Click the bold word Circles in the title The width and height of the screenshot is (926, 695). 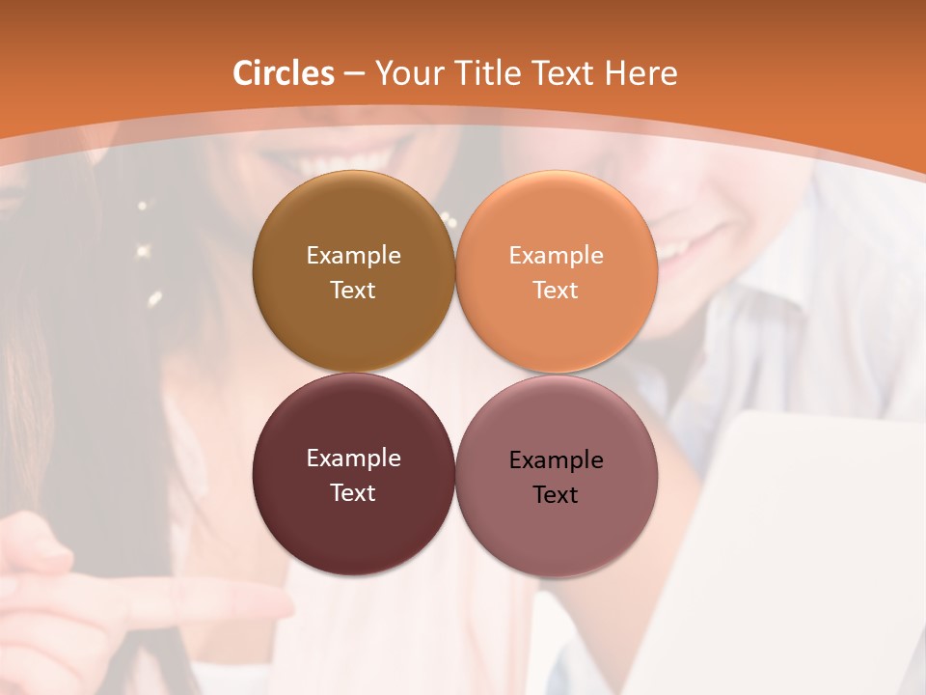284,73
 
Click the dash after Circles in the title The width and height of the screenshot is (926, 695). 354,74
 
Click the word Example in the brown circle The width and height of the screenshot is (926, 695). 353,256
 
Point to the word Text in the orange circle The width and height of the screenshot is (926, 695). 556,291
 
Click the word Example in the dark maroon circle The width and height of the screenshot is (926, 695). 353,459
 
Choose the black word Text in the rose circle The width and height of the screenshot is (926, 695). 556,495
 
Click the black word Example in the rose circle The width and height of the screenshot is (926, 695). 556,460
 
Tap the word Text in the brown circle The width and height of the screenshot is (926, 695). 353,291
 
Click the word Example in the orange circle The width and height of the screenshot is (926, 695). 556,256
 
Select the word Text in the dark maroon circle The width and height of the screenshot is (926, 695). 353,493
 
